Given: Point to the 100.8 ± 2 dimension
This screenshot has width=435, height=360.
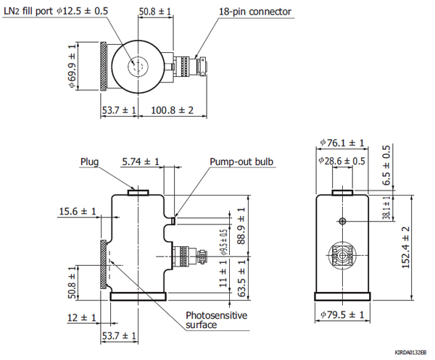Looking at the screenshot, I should coord(173,110).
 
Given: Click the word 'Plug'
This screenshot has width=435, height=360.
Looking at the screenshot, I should coord(89,162).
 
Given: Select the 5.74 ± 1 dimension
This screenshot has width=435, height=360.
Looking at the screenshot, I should coord(141,162).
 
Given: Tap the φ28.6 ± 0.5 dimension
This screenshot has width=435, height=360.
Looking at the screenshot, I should coord(342,161).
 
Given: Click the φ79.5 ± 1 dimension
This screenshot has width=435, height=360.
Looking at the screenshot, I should coord(342,314).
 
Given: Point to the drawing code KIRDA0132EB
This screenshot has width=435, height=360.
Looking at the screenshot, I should coord(411,351).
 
